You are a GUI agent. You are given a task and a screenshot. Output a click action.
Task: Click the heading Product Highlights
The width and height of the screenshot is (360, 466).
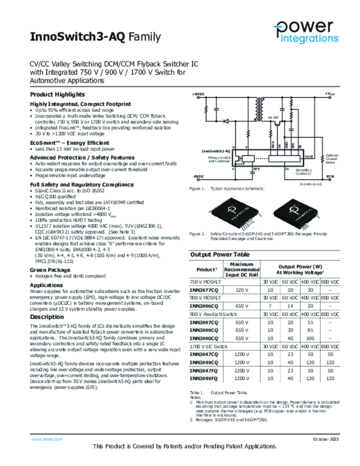click(x=57, y=95)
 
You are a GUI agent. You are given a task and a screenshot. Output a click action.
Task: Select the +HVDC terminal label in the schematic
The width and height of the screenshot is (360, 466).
click(x=198, y=94)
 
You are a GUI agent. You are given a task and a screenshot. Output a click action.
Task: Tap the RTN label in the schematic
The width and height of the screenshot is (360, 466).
click(x=330, y=176)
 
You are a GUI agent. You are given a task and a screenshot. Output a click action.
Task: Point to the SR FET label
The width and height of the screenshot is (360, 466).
click(x=273, y=117)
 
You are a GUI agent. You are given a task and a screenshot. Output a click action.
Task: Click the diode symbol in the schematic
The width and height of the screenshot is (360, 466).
click(x=226, y=121)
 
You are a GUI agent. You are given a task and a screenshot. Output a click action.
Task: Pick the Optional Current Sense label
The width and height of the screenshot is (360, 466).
click(x=331, y=159)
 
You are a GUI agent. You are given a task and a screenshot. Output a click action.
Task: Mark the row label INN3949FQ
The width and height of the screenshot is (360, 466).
click(x=204, y=378)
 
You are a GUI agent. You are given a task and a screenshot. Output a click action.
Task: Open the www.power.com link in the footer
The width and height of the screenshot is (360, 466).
click(x=46, y=439)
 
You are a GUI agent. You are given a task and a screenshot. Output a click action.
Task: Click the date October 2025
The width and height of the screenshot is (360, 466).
click(x=326, y=439)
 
